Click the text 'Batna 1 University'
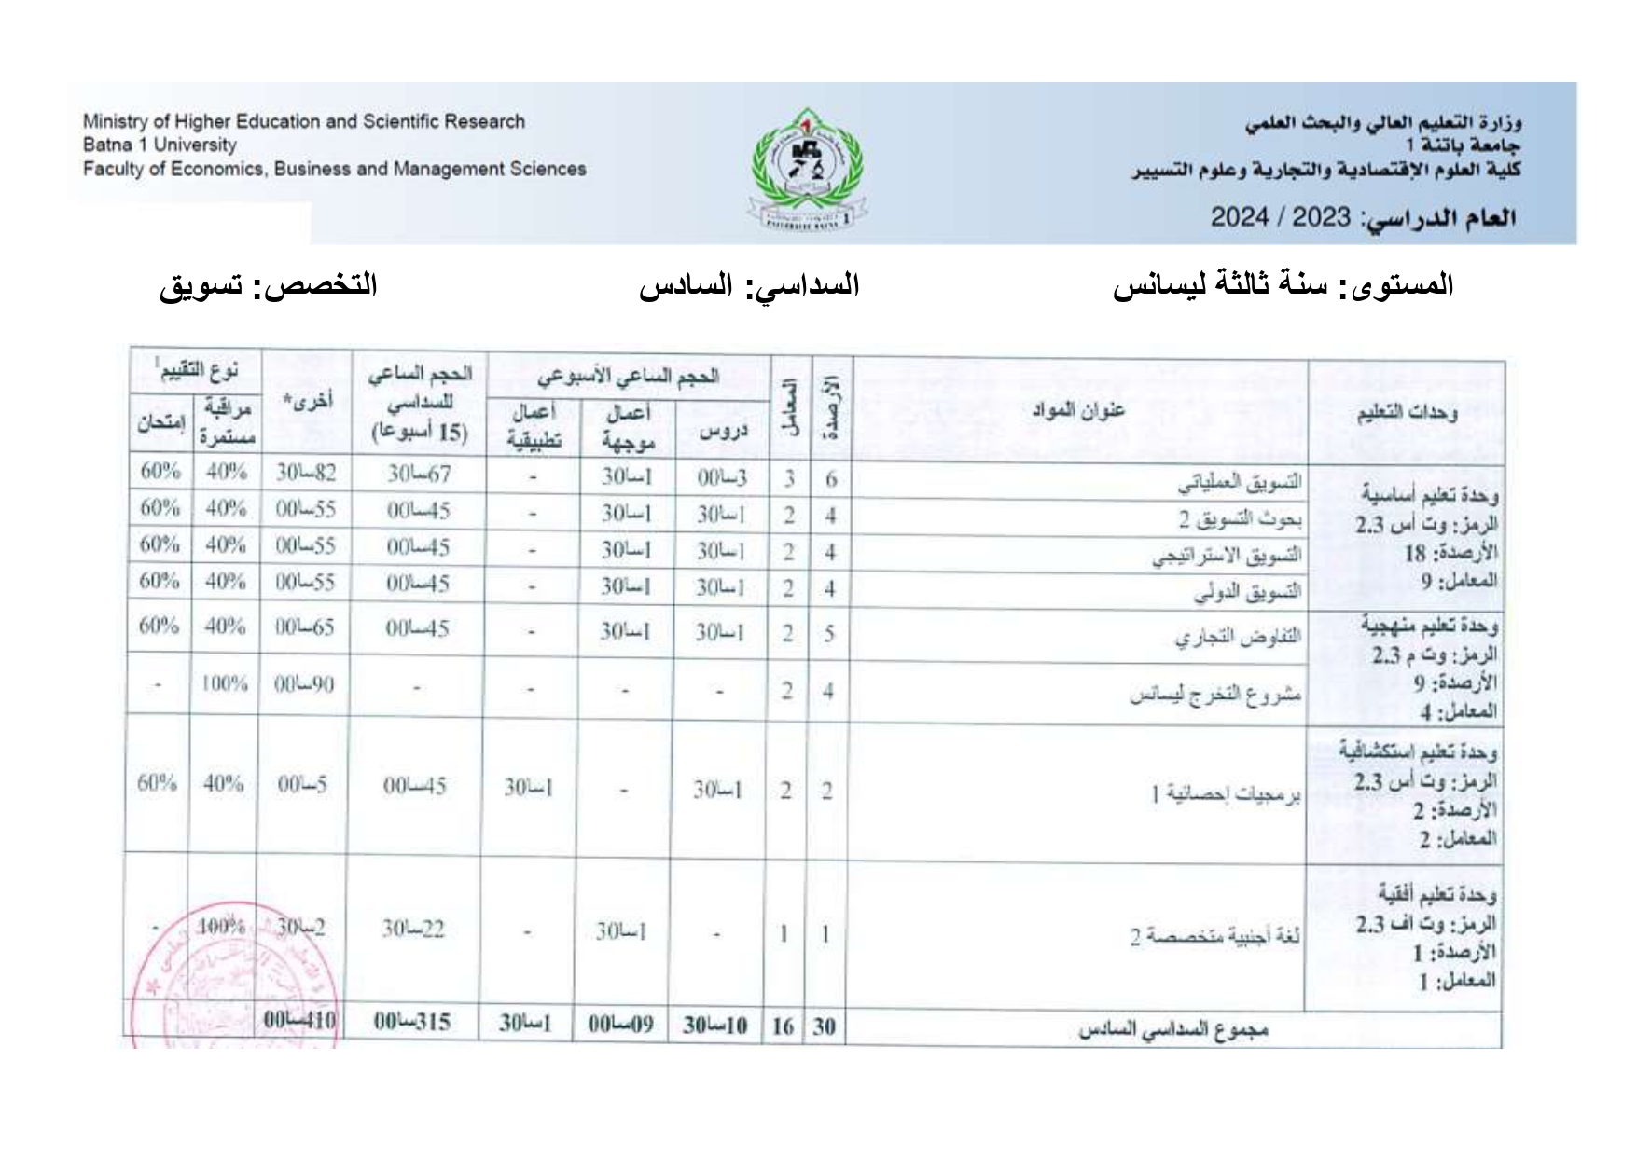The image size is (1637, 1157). tap(160, 145)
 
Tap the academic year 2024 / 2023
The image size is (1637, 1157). tap(1280, 217)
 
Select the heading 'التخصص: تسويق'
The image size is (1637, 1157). tap(268, 285)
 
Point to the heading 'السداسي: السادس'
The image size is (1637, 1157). tap(748, 285)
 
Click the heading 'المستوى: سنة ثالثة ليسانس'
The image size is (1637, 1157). tap(1283, 285)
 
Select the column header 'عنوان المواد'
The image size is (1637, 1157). tap(1077, 410)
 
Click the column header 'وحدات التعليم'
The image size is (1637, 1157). tap(1406, 412)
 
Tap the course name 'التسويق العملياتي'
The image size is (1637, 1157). tap(1239, 482)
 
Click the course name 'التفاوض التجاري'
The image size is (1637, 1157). tap(1237, 637)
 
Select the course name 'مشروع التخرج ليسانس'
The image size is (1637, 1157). tap(1215, 695)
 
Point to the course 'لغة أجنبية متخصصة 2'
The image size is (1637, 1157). tap(1214, 935)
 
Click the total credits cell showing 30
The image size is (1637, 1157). tap(824, 1026)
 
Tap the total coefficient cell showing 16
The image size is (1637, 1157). tap(783, 1026)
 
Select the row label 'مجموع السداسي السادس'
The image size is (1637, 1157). tap(1172, 1029)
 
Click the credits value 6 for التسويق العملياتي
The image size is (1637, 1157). tap(830, 480)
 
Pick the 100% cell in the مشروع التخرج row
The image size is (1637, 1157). tap(225, 684)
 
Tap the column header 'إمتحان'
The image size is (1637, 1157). tap(161, 422)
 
